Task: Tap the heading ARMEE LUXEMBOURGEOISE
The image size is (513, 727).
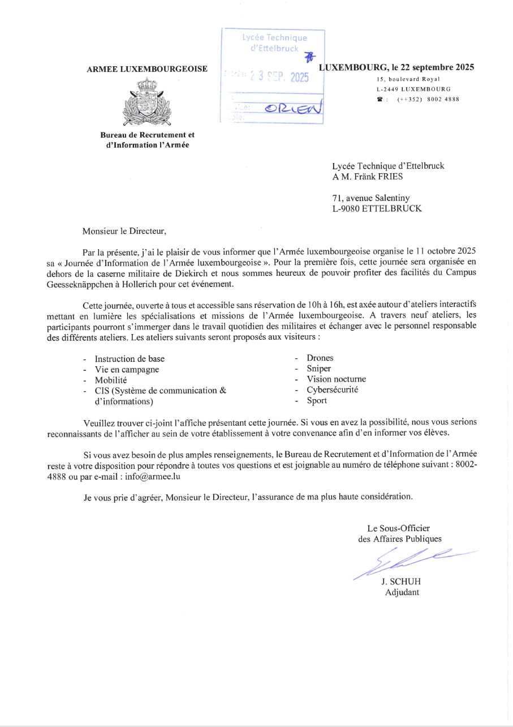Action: click(x=147, y=69)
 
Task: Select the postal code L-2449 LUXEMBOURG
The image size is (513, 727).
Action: click(x=413, y=89)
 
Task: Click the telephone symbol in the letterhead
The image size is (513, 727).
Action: click(x=380, y=99)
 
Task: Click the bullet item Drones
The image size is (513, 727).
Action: click(x=320, y=358)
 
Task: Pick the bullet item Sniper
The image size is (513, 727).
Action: click(x=318, y=369)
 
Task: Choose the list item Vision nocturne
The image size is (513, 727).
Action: click(x=336, y=379)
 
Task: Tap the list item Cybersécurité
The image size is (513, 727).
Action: click(x=332, y=390)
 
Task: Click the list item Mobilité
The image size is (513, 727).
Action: click(x=111, y=380)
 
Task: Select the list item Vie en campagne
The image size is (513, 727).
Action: click(x=127, y=369)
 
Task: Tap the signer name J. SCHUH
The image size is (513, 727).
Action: click(x=402, y=581)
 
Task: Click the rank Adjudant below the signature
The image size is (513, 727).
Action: click(x=402, y=593)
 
